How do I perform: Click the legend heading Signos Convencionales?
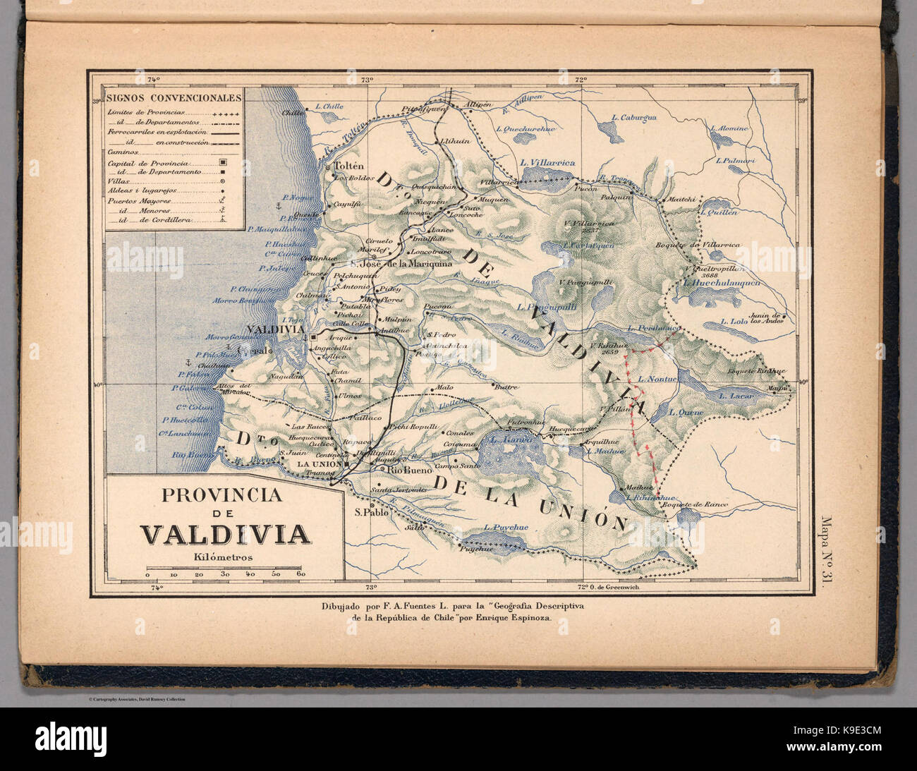click(174, 98)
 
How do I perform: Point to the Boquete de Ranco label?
click(694, 505)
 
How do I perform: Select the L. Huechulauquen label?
click(722, 281)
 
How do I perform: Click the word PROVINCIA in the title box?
click(221, 496)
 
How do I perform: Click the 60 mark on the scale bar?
click(301, 576)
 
